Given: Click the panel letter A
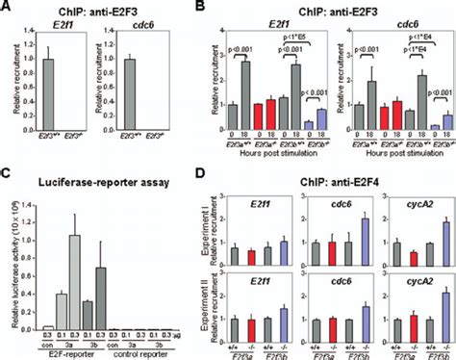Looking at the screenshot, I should (7, 8).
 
